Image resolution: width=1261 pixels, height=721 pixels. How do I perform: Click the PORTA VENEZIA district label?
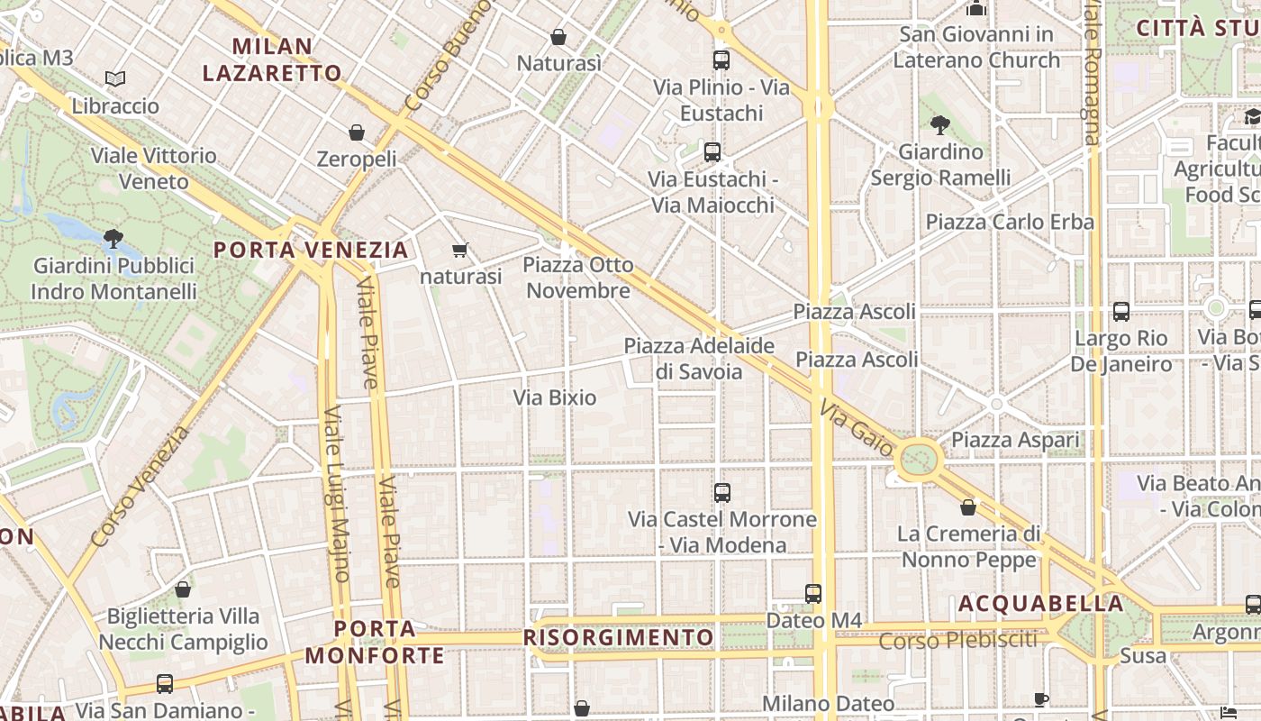(x=311, y=250)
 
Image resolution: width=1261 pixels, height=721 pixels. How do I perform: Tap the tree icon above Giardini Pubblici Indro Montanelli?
(x=113, y=239)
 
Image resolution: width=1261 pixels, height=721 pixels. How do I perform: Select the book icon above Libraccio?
(x=114, y=79)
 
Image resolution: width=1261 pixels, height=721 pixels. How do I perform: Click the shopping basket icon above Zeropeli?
(x=357, y=132)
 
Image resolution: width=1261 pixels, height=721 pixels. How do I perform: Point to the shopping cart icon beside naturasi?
(x=460, y=250)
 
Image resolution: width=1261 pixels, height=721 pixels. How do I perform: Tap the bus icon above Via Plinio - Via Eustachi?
(x=721, y=60)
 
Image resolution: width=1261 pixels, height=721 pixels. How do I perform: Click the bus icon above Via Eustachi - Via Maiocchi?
(x=712, y=151)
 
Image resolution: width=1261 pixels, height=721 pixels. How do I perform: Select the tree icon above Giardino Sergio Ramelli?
(x=940, y=124)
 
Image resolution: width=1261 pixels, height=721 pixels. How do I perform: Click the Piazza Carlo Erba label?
(x=1010, y=222)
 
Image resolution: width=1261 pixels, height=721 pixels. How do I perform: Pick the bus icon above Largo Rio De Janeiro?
(x=1121, y=312)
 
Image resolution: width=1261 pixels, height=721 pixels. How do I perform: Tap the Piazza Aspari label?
(x=1015, y=440)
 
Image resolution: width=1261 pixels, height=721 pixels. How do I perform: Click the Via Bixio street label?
(x=555, y=397)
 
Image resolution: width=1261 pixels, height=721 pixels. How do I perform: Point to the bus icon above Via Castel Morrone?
(x=721, y=493)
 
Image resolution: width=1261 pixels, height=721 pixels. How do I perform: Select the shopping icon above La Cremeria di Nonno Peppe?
(x=968, y=507)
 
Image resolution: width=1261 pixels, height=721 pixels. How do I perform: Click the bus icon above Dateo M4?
(x=813, y=594)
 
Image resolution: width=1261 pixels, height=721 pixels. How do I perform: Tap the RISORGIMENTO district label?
(x=618, y=638)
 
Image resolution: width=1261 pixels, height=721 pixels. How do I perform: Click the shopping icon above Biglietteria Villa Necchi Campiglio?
(x=183, y=589)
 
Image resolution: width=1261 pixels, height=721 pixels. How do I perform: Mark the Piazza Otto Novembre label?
(x=578, y=278)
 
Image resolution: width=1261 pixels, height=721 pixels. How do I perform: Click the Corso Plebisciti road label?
(x=958, y=641)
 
